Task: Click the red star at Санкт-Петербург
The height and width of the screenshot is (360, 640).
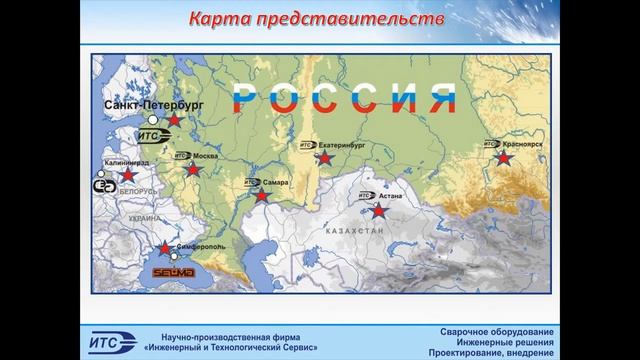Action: click(173, 119)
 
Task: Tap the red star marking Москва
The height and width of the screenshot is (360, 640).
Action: click(193, 170)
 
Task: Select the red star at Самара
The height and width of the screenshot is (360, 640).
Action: click(262, 195)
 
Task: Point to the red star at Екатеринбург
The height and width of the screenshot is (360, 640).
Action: click(324, 158)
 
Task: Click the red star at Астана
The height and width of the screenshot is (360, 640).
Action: click(378, 210)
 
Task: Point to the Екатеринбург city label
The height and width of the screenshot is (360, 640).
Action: click(341, 144)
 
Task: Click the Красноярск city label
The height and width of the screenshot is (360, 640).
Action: click(522, 144)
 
